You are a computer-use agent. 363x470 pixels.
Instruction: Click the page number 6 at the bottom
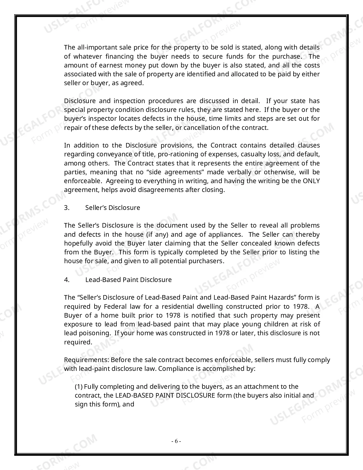(x=176, y=441)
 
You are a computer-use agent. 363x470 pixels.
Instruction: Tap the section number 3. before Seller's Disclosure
(x=67, y=208)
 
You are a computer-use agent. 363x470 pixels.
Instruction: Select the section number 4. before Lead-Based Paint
(x=67, y=280)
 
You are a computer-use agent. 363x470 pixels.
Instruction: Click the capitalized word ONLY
(x=311, y=181)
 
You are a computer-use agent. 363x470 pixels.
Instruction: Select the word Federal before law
(x=115, y=306)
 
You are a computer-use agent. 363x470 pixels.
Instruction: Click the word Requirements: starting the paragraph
(x=87, y=360)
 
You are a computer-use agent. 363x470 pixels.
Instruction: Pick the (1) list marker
(x=79, y=387)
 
